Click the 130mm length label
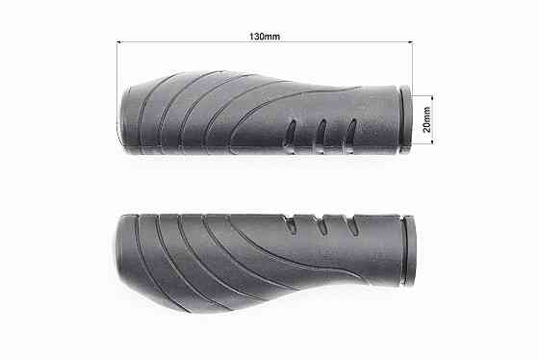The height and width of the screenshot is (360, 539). click(x=265, y=37)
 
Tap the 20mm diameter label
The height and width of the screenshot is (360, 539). click(x=426, y=119)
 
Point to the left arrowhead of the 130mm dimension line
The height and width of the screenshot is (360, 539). click(x=119, y=42)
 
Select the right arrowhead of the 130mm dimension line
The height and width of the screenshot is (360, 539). click(x=410, y=42)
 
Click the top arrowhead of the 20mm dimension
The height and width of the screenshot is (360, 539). click(x=432, y=96)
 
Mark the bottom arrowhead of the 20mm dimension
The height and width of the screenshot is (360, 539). click(x=432, y=142)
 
